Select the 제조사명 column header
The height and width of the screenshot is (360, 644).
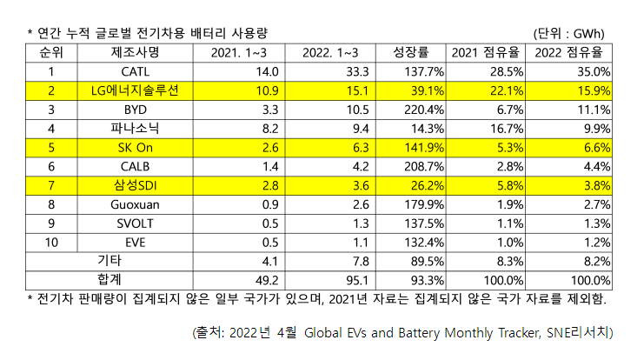click(136, 52)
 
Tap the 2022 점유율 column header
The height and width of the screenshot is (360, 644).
click(572, 52)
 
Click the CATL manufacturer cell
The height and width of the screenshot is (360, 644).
click(136, 71)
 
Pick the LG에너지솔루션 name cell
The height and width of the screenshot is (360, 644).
click(136, 90)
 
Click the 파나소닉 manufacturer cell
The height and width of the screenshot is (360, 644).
click(136, 128)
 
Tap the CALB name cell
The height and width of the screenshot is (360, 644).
click(136, 166)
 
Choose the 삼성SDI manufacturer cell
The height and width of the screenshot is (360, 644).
click(136, 184)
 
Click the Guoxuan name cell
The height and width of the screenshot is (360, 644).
click(136, 203)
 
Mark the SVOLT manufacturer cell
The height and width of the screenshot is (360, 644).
click(136, 223)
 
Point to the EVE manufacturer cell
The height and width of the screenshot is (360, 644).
click(136, 242)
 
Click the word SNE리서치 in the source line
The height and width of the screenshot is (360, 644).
click(582, 332)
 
